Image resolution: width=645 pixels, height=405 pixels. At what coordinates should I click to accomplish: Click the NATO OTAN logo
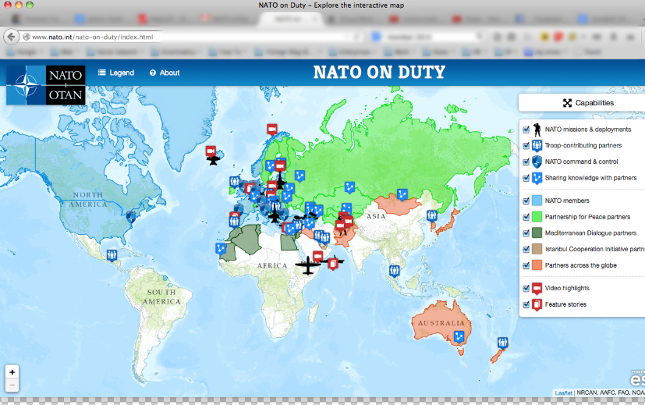coord(46,85)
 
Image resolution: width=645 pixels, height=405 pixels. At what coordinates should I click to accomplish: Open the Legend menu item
coord(115,73)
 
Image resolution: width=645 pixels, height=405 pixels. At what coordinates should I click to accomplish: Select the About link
coord(165,73)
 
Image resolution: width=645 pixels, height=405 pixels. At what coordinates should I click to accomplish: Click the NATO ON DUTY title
coord(379,73)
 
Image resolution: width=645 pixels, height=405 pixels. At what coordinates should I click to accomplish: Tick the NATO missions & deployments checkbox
coord(526,130)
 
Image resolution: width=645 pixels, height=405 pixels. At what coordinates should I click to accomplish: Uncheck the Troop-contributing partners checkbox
coord(526,146)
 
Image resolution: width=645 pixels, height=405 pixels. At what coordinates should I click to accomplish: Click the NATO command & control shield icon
coord(537,162)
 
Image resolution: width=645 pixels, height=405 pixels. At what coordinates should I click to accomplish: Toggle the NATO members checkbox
coord(526,201)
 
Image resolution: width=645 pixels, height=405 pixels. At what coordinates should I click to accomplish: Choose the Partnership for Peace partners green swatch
coord(537,217)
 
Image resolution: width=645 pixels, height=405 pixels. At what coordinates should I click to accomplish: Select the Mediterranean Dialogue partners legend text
coord(590,233)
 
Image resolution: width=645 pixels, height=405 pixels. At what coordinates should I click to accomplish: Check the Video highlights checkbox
coord(526,288)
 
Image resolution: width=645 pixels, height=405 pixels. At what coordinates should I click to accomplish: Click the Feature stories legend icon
coord(537,304)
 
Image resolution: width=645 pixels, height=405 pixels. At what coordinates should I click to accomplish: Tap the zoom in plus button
coord(12,372)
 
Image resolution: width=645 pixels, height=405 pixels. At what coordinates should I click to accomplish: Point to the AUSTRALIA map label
coord(441,324)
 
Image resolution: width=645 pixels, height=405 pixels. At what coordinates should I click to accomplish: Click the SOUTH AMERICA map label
coord(161,297)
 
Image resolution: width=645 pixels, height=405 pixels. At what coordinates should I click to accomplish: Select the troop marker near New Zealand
coord(502,343)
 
